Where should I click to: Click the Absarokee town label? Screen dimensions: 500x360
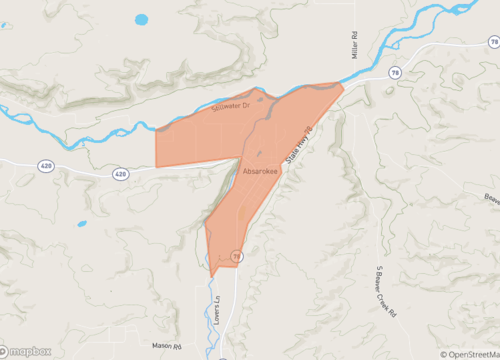[260, 172]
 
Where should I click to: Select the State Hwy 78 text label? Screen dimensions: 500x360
[299, 145]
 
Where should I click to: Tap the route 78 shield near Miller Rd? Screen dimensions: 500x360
[396, 73]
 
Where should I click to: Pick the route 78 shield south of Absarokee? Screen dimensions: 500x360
[237, 257]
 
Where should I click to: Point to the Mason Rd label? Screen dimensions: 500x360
[169, 346]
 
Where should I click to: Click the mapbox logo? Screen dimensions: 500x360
[27, 351]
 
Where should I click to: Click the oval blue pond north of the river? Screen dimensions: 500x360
[141, 19]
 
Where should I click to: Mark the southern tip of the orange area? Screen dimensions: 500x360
[211, 276]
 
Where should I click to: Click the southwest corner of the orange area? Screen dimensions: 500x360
[156, 167]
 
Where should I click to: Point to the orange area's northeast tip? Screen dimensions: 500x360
[342, 85]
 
